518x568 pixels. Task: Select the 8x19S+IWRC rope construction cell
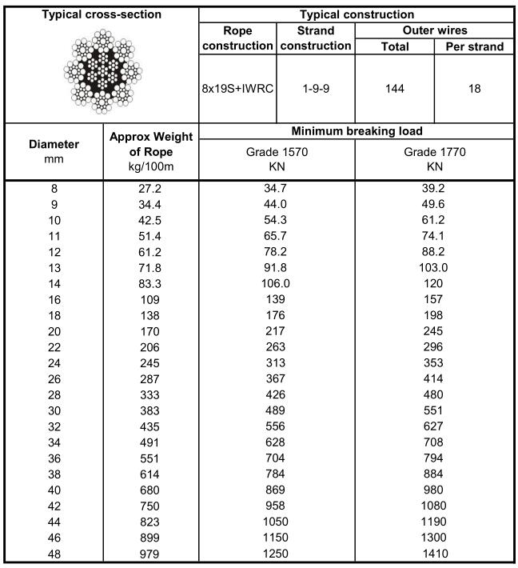(x=237, y=88)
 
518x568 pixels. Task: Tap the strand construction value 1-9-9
(x=316, y=88)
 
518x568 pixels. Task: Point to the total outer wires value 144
(x=394, y=88)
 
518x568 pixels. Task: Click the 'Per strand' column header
(x=474, y=46)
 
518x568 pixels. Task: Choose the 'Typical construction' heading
(x=356, y=14)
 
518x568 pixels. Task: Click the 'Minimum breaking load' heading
(x=356, y=130)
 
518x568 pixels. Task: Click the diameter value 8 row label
(x=54, y=190)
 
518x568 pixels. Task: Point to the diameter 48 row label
(x=54, y=554)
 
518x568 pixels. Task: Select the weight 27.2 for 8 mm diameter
(x=150, y=190)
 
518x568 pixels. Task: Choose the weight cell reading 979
(x=150, y=554)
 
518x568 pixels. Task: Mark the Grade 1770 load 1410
(x=434, y=554)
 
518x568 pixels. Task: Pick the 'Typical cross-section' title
(x=100, y=14)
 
